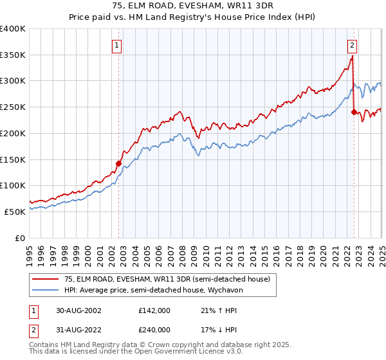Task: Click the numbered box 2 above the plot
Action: tap(353, 45)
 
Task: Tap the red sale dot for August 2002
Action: tap(119, 163)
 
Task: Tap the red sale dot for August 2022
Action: tap(354, 112)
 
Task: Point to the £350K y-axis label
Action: tap(13, 55)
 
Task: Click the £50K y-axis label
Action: tap(15, 212)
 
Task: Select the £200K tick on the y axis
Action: tap(13, 133)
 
